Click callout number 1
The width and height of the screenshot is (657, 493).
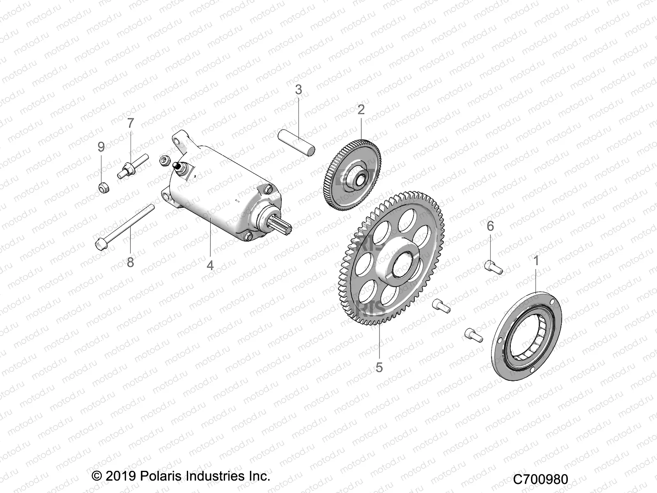[x=536, y=260]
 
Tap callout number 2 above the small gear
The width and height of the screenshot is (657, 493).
[x=361, y=110]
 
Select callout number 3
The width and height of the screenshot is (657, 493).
[x=299, y=90]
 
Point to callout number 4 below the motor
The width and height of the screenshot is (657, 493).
[x=210, y=265]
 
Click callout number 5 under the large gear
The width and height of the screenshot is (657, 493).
[x=379, y=367]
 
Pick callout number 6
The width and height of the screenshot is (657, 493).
[x=490, y=226]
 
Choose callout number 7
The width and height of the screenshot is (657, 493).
[x=131, y=123]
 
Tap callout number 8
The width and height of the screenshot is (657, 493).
[x=130, y=262]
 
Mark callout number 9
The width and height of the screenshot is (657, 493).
[x=101, y=147]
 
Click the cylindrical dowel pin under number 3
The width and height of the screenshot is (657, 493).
[x=297, y=142]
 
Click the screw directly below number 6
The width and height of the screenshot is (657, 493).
[x=494, y=267]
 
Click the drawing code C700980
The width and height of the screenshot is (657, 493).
[x=540, y=479]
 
